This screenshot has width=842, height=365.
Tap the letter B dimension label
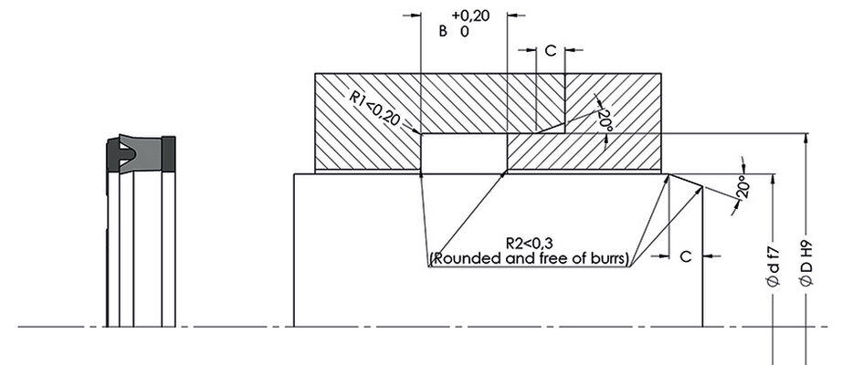pos(443,31)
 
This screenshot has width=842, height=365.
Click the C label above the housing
pos(550,51)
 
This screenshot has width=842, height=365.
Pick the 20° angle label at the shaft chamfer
pos(742,188)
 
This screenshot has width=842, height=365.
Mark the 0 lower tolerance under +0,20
pos(465,31)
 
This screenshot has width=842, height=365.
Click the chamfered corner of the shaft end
pos(685,179)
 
